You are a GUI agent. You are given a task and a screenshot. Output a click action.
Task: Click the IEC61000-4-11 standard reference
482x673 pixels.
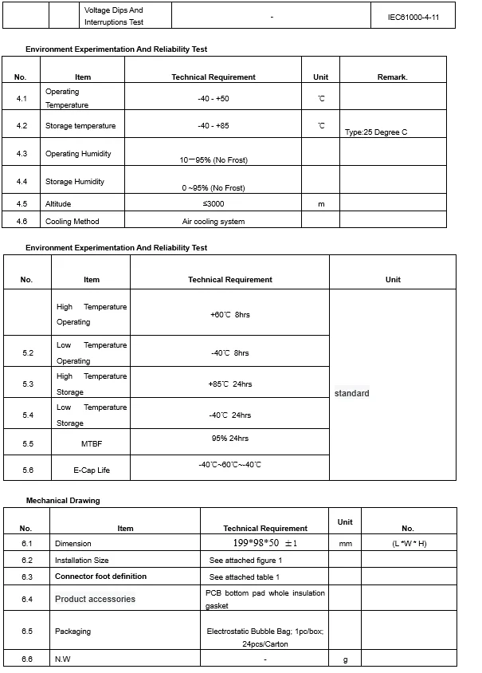(x=413, y=16)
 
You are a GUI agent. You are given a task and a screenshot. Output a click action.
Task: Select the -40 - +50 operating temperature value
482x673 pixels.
(x=214, y=98)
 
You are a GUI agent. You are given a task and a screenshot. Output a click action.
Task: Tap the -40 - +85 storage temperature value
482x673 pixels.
(x=214, y=126)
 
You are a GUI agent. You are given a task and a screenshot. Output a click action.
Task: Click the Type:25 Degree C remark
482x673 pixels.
(x=376, y=132)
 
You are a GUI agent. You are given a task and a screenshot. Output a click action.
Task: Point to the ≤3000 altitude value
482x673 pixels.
(x=214, y=204)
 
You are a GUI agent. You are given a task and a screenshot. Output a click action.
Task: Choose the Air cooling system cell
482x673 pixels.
(x=214, y=221)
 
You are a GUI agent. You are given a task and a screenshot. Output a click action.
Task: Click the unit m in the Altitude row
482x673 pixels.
(x=321, y=204)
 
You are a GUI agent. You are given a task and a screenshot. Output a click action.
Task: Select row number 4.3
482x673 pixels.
(x=22, y=153)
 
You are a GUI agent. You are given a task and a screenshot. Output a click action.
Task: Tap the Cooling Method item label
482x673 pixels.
(x=72, y=221)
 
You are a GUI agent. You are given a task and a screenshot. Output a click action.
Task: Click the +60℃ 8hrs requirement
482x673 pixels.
(x=229, y=315)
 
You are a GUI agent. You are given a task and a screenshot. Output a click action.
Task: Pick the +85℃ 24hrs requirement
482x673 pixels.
(x=229, y=384)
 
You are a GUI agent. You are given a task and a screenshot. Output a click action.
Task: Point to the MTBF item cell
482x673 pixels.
(x=92, y=443)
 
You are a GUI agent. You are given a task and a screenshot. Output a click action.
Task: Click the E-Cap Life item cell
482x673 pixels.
(x=92, y=470)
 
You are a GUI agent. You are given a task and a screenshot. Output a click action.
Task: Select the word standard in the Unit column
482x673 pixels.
(x=351, y=393)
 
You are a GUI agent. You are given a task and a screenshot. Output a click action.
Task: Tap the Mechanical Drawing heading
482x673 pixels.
(x=63, y=501)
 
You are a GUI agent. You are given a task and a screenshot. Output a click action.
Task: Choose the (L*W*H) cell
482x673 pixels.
(x=410, y=544)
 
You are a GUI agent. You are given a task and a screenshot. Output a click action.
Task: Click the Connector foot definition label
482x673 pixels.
(x=100, y=576)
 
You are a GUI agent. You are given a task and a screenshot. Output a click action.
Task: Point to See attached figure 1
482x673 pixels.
(x=246, y=560)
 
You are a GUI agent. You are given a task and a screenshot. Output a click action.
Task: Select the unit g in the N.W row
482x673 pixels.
(x=345, y=659)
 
